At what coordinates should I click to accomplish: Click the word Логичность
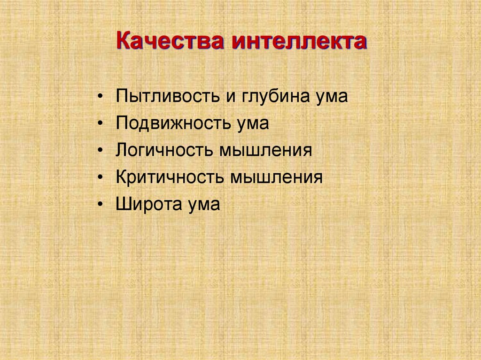[165, 151]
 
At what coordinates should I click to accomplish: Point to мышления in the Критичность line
[276, 178]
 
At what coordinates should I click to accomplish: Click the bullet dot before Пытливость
[102, 97]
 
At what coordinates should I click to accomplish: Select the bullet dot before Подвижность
[102, 124]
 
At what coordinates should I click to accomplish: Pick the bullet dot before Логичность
[102, 151]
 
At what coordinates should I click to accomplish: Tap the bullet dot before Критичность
[102, 178]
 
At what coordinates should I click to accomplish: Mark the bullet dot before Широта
[102, 205]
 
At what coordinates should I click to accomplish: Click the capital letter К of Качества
[123, 42]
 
